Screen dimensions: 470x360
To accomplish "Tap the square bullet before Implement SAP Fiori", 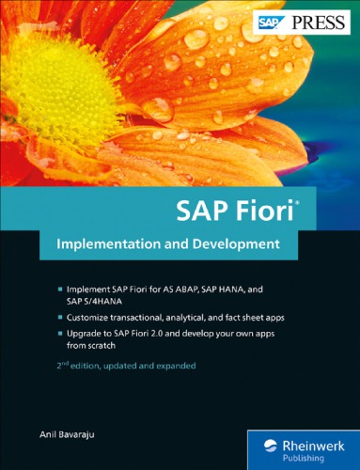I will click(60, 285).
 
